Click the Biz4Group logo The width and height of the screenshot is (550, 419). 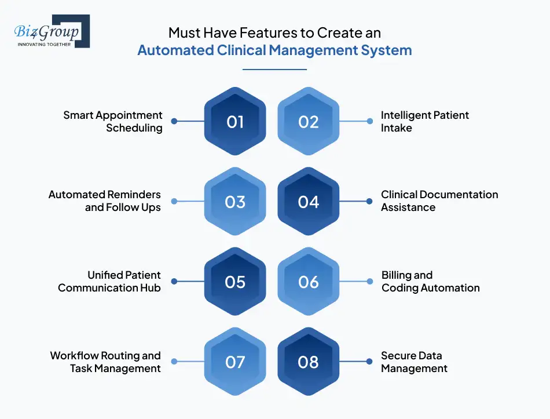point(51,31)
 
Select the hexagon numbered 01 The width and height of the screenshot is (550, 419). point(235,122)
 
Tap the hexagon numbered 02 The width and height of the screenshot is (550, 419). point(309,122)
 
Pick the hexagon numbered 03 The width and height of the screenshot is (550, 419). point(235,202)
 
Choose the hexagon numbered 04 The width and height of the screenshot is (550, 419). point(309,202)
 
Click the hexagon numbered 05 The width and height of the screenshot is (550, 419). point(235,282)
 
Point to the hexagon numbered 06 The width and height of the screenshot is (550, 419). point(309,282)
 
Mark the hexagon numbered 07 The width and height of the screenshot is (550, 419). point(235,362)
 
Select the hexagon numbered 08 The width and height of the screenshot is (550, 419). point(309,362)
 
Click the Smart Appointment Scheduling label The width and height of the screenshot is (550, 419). point(113,122)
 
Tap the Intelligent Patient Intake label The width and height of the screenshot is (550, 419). point(424,122)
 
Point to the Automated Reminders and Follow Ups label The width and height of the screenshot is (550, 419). point(105,201)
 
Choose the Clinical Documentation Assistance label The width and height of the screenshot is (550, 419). point(439,201)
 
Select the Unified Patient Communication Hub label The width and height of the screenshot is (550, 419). point(109,282)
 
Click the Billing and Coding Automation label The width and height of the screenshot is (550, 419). point(430,282)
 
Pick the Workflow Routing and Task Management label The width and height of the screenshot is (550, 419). point(105,362)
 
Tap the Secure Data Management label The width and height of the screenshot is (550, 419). point(414,362)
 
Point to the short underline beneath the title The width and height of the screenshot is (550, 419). point(274,70)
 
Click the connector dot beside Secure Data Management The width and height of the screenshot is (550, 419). point(370,362)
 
